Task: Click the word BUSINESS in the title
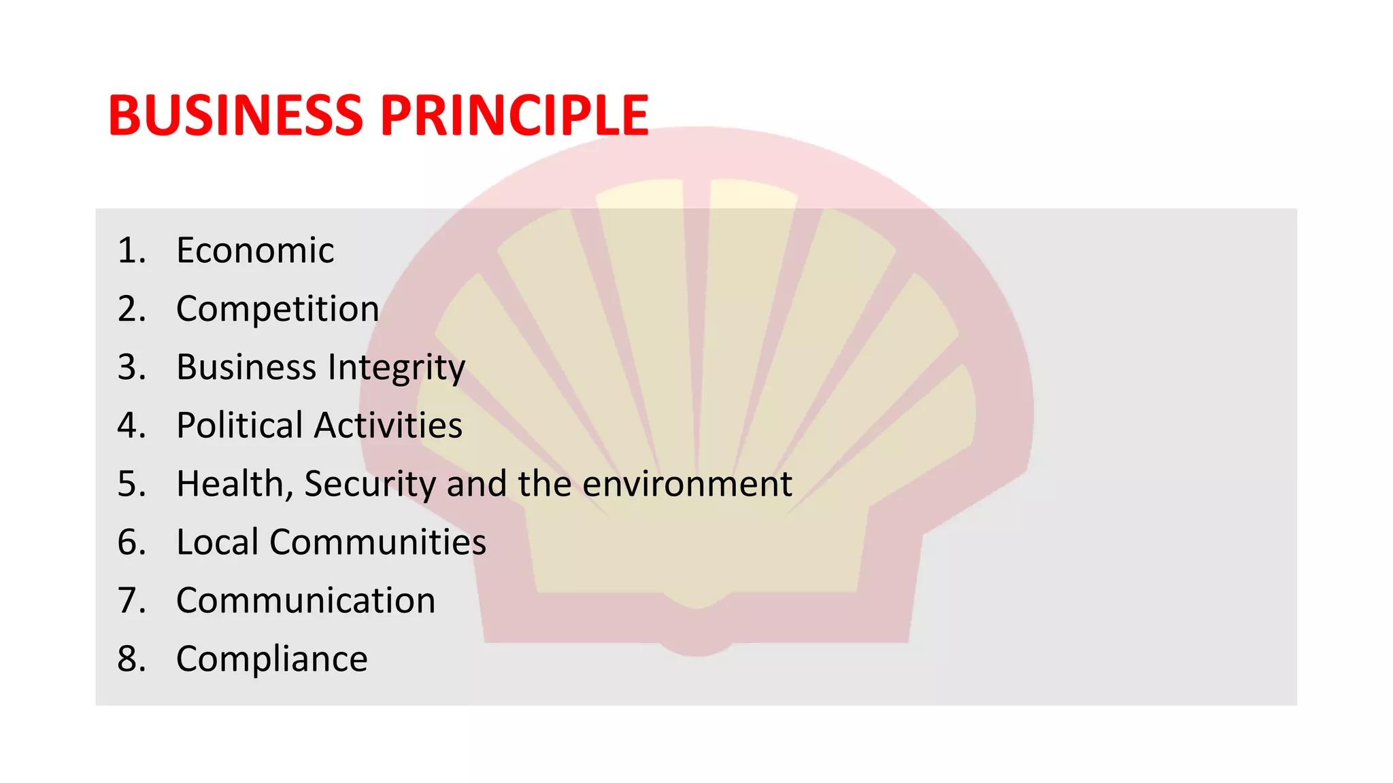click(235, 116)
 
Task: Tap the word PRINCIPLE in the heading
click(514, 116)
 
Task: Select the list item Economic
click(255, 250)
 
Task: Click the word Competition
click(278, 309)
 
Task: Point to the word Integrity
click(397, 368)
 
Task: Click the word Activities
click(388, 425)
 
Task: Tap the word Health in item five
click(230, 484)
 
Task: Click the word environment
click(687, 484)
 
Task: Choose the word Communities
click(377, 542)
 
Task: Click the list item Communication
click(305, 601)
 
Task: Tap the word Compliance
click(271, 659)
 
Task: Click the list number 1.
click(131, 250)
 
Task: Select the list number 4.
click(131, 425)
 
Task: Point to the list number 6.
click(131, 542)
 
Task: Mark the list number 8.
click(131, 659)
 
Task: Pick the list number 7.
click(131, 601)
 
